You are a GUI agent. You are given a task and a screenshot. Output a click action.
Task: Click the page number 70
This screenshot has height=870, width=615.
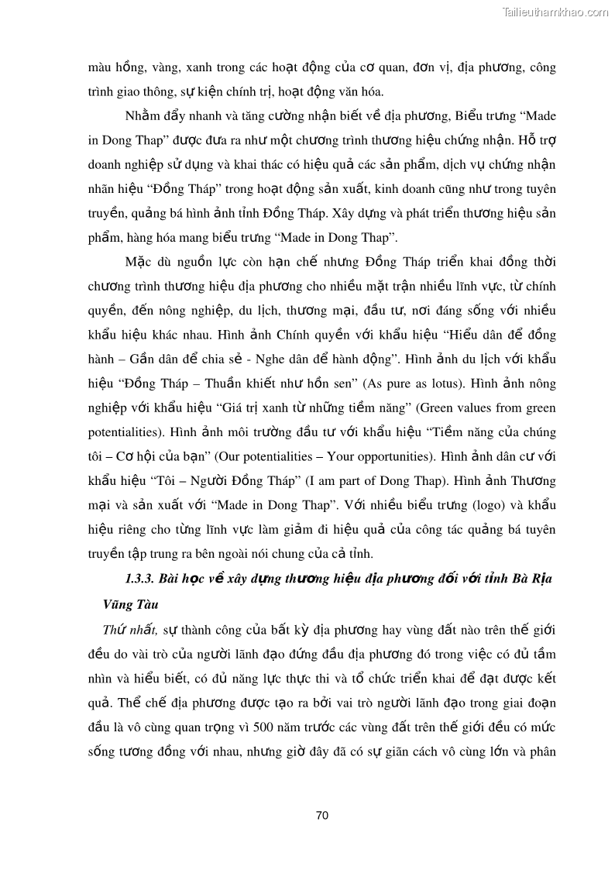pos(323,815)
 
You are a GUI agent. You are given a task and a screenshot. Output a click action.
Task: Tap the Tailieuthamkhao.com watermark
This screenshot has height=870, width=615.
pos(555,12)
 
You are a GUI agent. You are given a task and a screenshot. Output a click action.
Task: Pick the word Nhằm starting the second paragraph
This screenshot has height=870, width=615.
pos(143,115)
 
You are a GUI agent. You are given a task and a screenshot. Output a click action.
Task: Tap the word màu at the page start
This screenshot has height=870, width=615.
pos(101,67)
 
